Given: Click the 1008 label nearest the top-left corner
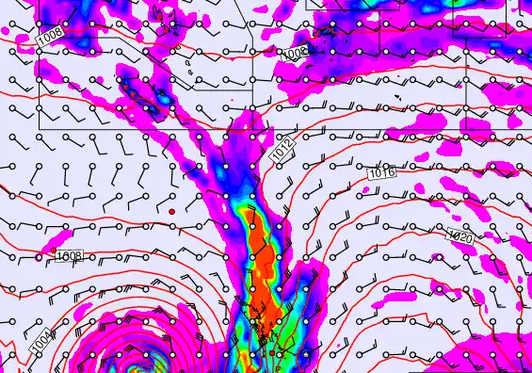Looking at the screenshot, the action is click(x=52, y=36).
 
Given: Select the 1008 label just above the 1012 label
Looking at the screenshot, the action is click(x=294, y=54).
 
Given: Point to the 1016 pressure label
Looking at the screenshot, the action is click(x=381, y=173).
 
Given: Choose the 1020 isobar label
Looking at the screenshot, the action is click(x=460, y=236).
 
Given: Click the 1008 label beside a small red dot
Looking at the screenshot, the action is click(x=69, y=255).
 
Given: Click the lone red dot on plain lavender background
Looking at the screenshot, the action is click(x=171, y=212).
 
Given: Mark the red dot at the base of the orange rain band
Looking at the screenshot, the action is click(x=271, y=353).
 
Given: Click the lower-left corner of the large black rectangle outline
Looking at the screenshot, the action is click(x=40, y=127).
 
